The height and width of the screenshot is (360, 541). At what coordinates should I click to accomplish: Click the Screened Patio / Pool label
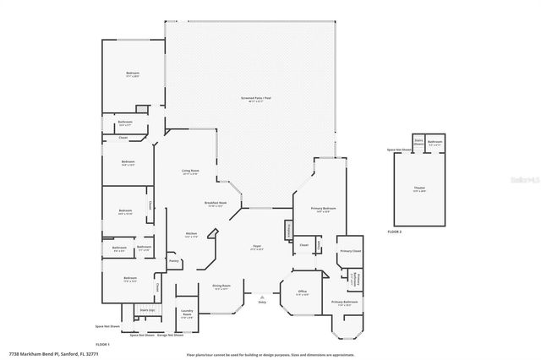251,100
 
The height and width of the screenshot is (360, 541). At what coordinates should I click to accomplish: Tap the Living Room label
190,172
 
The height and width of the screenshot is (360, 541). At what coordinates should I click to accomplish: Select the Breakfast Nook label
214,204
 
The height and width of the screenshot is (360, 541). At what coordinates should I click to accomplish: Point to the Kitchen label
191,234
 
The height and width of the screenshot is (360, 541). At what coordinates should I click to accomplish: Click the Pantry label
173,261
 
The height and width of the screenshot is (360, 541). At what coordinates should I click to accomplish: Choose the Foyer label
256,247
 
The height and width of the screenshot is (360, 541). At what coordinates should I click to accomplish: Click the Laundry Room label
187,314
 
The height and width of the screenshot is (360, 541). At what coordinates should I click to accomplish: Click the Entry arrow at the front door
263,298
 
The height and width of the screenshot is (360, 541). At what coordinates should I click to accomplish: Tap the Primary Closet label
350,252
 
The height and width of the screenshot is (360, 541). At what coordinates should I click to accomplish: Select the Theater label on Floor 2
419,190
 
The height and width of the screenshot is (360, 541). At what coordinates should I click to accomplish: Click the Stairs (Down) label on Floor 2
418,142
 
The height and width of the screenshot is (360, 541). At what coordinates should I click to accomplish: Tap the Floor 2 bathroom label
434,142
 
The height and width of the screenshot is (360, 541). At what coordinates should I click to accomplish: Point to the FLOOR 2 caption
395,231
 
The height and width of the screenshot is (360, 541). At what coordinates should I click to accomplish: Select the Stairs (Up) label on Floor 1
146,311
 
